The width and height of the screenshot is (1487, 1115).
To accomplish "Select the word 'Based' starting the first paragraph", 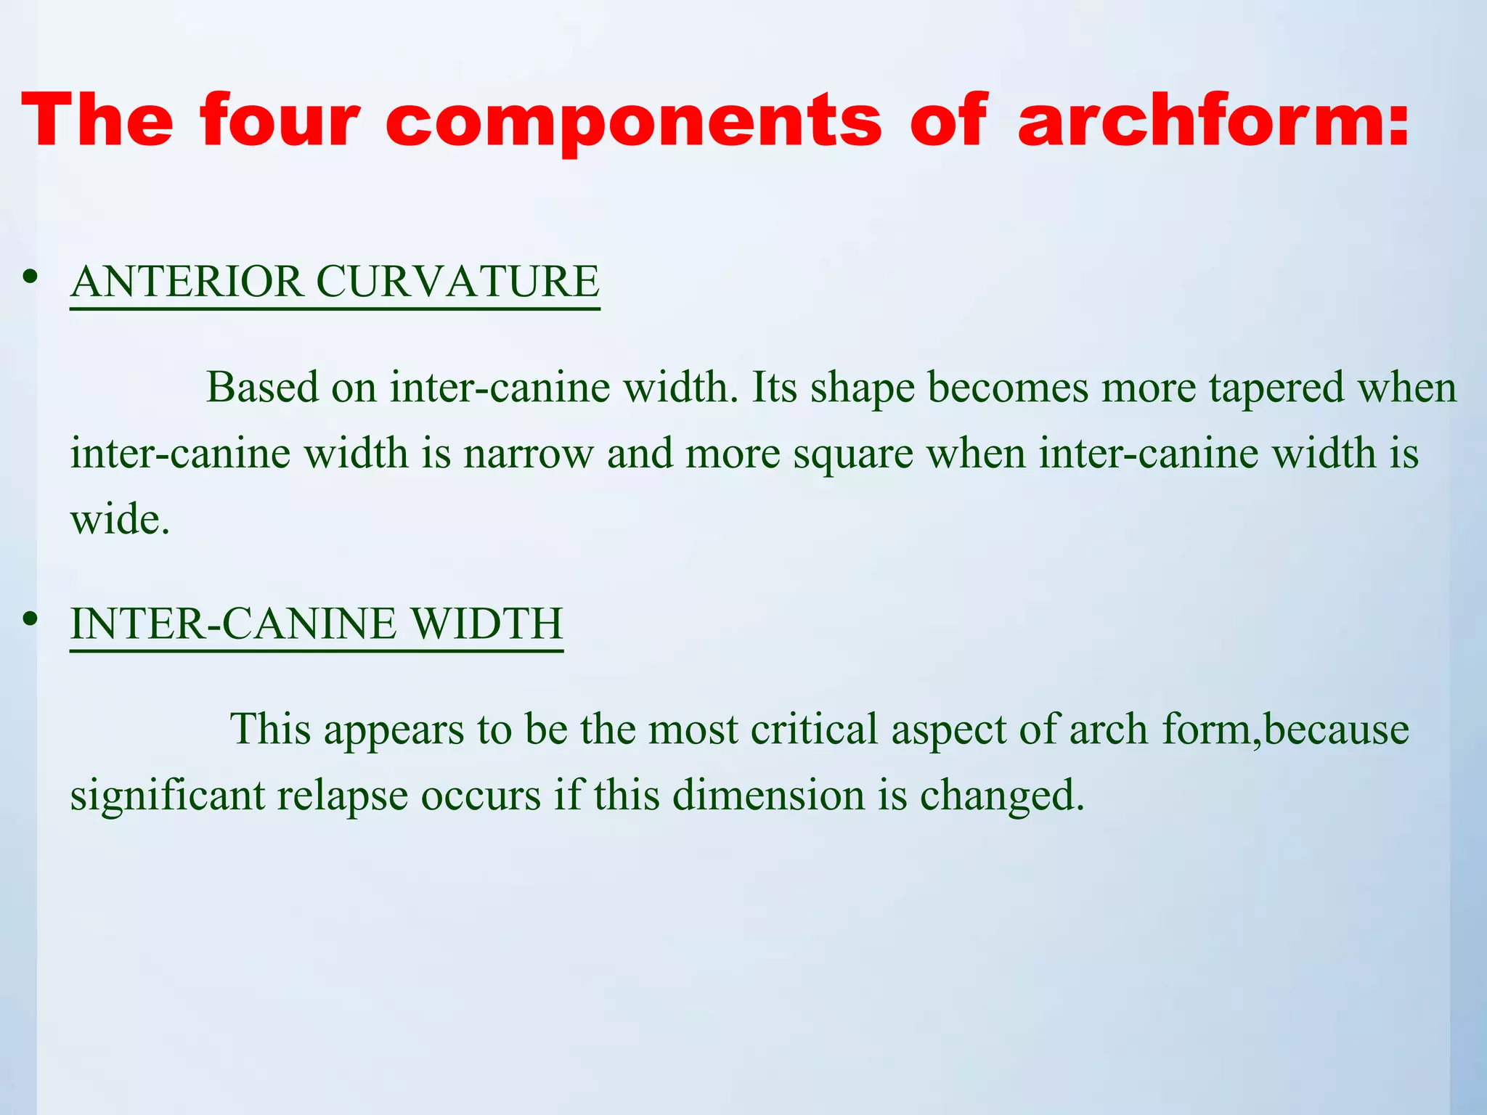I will click(262, 387).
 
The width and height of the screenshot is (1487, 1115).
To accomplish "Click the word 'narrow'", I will click(529, 454).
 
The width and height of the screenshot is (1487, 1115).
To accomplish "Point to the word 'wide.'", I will click(120, 520).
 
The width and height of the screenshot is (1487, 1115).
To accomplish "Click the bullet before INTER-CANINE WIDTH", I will click(30, 618).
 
